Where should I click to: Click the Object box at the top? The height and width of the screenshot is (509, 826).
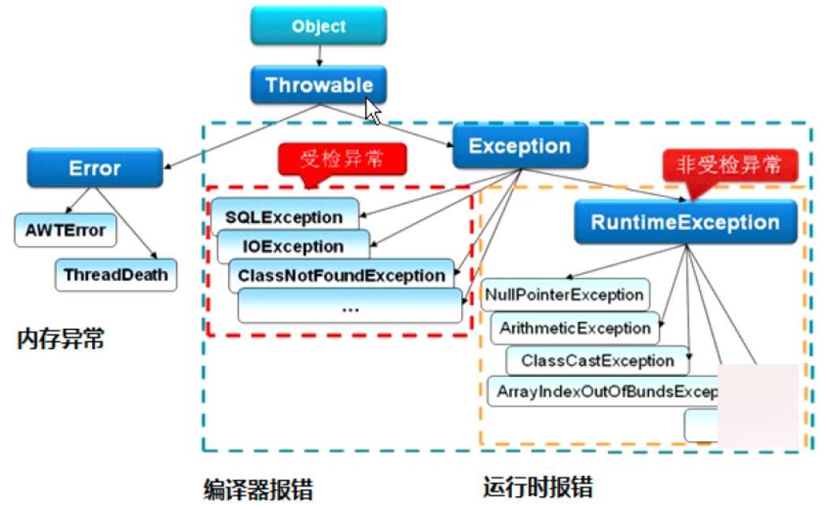tap(319, 26)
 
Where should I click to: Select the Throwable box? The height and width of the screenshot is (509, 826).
tap(319, 84)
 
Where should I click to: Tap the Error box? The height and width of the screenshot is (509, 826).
tap(94, 168)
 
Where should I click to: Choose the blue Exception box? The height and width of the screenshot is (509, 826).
tap(520, 146)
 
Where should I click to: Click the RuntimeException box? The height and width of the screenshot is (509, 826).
tap(685, 222)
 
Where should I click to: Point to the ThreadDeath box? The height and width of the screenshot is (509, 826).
tap(116, 275)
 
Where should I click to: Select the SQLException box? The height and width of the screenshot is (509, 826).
tap(284, 216)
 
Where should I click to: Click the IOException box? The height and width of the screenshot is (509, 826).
tap(293, 246)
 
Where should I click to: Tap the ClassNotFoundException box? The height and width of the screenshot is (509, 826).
tap(341, 275)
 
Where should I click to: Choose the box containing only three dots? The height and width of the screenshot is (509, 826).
tap(350, 306)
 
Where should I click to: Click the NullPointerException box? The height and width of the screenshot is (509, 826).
tap(564, 295)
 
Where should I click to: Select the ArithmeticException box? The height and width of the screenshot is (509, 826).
tap(575, 328)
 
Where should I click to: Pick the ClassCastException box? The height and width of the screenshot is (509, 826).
tap(598, 360)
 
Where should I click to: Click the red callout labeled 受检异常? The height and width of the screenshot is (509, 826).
tap(342, 160)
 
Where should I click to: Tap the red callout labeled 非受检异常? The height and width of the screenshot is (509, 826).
tap(729, 167)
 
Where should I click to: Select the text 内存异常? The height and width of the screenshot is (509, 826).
tap(61, 340)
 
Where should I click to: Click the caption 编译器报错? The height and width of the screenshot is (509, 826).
tap(258, 489)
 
